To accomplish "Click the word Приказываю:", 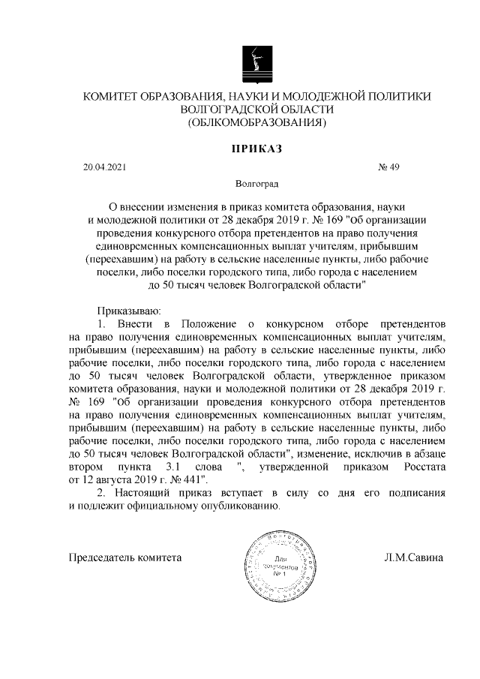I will (x=125, y=309).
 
